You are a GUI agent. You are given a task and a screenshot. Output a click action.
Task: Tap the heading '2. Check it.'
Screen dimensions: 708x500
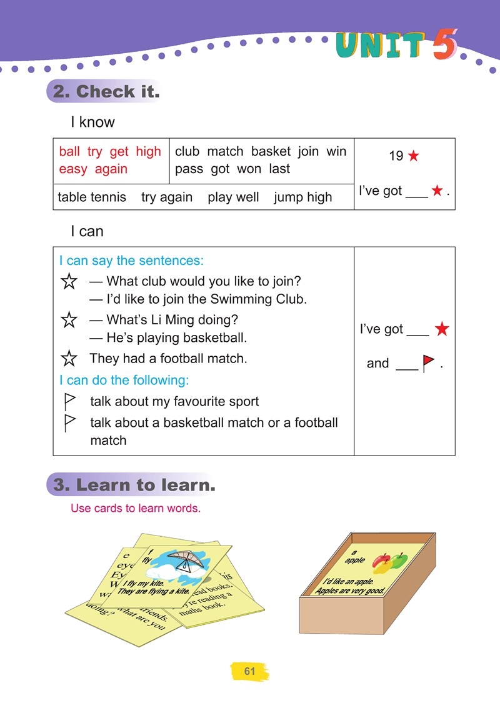click(106, 92)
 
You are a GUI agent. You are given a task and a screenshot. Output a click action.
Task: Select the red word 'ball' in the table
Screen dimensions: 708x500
click(69, 152)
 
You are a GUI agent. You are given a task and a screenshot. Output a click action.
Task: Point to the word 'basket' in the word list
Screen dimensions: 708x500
click(271, 152)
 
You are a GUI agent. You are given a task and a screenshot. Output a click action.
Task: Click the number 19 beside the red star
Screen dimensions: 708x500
click(396, 156)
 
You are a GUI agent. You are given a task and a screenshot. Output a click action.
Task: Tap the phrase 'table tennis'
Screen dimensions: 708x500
click(92, 197)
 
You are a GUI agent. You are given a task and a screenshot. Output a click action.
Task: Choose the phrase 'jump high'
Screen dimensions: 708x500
click(302, 197)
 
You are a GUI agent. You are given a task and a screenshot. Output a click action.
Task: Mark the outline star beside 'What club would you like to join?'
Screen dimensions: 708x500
click(69, 282)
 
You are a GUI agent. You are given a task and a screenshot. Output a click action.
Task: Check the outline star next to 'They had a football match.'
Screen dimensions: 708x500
click(69, 359)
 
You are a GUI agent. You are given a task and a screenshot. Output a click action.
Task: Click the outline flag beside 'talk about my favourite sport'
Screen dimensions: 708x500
click(70, 401)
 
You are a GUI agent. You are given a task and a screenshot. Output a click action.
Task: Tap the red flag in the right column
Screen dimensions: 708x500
click(428, 364)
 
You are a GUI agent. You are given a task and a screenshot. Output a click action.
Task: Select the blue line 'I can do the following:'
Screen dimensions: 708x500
click(124, 380)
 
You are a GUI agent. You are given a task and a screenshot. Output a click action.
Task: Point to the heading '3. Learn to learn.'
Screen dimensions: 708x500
click(134, 485)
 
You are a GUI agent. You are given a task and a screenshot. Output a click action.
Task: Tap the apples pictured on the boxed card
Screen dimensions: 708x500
click(389, 562)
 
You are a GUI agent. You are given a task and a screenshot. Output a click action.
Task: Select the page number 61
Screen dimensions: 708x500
click(250, 672)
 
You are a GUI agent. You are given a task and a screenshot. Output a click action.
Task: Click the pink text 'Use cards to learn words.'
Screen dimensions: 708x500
click(136, 508)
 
